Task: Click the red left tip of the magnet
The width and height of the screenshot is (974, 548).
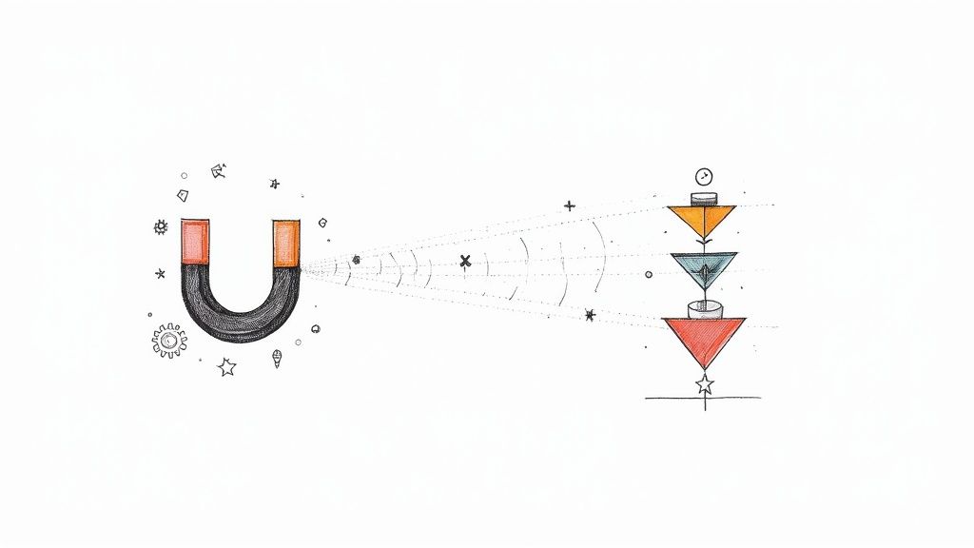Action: pyautogui.click(x=195, y=242)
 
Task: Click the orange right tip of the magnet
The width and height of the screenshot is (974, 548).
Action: pyautogui.click(x=286, y=244)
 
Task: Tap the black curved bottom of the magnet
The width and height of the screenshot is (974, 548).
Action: pyautogui.click(x=239, y=319)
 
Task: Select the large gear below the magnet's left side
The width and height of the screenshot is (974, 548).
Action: pyautogui.click(x=168, y=340)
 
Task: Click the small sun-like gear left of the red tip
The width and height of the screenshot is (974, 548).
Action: pyautogui.click(x=161, y=227)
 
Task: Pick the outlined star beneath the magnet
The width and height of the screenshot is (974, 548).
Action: pyautogui.click(x=226, y=366)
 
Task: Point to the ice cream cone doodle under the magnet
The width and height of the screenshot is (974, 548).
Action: pyautogui.click(x=277, y=359)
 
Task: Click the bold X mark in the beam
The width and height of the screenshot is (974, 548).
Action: pyautogui.click(x=465, y=261)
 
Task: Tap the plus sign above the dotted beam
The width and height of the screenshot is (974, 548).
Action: pyautogui.click(x=569, y=205)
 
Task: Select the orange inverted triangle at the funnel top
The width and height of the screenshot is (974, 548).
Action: pyautogui.click(x=702, y=220)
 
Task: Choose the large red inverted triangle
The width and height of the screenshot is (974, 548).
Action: pyautogui.click(x=704, y=338)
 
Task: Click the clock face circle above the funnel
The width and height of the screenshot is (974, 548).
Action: pyautogui.click(x=703, y=176)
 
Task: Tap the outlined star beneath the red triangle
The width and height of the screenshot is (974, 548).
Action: pyautogui.click(x=704, y=384)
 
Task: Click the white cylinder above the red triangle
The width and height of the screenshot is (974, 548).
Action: pyautogui.click(x=704, y=309)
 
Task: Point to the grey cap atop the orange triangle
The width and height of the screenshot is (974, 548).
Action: pyautogui.click(x=703, y=199)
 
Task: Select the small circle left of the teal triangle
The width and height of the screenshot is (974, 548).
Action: pyautogui.click(x=649, y=274)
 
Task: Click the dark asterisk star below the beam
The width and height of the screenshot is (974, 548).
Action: pyautogui.click(x=590, y=315)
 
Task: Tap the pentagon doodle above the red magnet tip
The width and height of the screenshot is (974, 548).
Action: pyautogui.click(x=183, y=196)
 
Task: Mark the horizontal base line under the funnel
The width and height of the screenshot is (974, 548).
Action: pyautogui.click(x=704, y=398)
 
